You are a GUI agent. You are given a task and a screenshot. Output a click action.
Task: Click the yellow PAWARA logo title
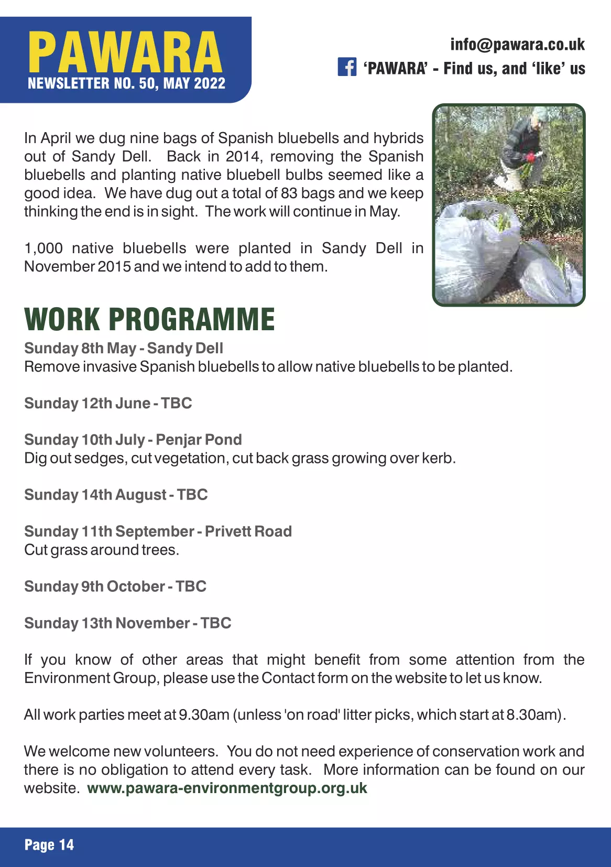click(125, 52)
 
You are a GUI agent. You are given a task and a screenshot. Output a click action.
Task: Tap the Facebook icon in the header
click(347, 68)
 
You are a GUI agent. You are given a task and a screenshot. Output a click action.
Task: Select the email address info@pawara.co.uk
click(517, 45)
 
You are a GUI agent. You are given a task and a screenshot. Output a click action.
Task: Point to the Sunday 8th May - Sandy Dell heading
click(124, 348)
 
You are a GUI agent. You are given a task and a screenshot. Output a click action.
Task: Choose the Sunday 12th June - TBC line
click(108, 403)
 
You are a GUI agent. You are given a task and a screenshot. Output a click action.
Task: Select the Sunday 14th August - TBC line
click(116, 495)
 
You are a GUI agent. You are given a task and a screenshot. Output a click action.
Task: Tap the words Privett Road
click(248, 532)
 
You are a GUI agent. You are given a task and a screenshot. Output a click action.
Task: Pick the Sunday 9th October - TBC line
click(115, 587)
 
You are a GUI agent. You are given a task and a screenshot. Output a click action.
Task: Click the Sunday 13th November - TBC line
click(128, 623)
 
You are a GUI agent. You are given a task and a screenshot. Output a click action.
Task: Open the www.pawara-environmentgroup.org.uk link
click(227, 788)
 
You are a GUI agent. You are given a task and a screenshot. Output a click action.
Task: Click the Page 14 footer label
click(49, 845)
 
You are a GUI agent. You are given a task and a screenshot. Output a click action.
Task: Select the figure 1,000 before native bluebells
click(43, 248)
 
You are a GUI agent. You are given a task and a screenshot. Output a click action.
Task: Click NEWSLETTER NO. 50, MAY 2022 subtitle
click(126, 84)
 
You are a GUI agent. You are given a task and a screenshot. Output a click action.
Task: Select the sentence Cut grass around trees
click(102, 550)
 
